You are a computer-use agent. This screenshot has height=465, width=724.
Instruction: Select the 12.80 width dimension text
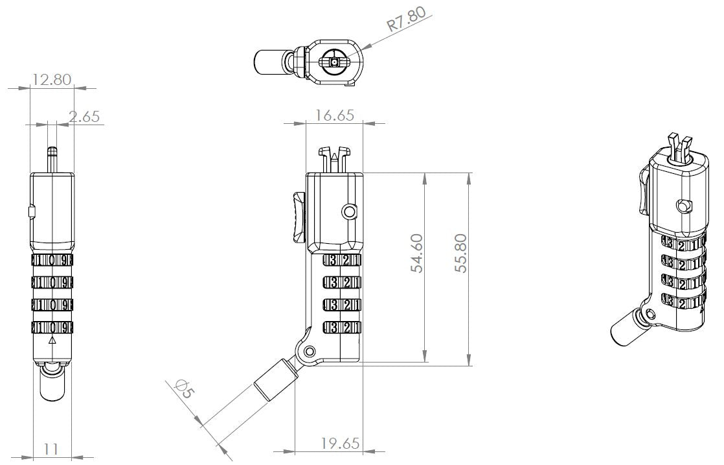(52, 80)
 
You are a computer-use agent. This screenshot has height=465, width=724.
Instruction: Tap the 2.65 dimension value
(84, 117)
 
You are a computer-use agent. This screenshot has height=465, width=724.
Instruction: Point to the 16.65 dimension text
(334, 115)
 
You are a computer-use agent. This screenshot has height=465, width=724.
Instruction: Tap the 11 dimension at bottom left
(52, 448)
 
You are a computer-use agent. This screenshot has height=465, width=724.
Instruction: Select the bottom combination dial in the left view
(52, 327)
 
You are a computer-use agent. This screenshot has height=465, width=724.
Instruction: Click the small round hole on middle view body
(349, 211)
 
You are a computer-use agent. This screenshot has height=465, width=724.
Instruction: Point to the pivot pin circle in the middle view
(310, 351)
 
